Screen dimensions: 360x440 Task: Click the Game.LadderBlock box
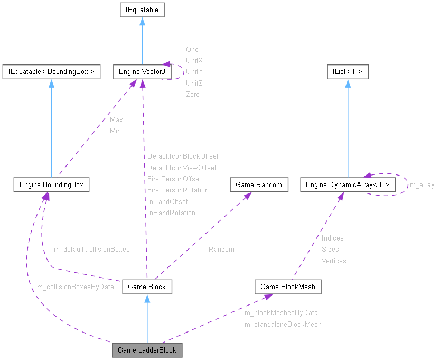pos(147,350)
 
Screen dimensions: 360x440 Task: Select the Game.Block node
pos(147,287)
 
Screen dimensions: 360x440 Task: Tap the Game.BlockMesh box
pos(288,287)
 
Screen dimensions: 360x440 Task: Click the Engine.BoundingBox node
pos(51,185)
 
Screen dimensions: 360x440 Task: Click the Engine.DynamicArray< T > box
pos(348,185)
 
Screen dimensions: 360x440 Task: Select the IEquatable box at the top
pos(142,10)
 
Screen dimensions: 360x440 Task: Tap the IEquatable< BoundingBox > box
pos(51,71)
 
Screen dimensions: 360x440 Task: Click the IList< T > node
pos(347,71)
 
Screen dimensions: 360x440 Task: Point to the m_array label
pos(422,185)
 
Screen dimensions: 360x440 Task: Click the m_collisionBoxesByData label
pos(75,287)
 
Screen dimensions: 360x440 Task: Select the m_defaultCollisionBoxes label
pos(91,249)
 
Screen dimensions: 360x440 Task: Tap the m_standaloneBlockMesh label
pos(283,324)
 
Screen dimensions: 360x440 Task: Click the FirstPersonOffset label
pos(174,179)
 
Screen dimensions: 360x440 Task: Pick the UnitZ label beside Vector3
pos(194,83)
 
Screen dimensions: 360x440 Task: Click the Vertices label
pos(334,261)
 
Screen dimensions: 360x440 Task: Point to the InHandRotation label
pos(171,213)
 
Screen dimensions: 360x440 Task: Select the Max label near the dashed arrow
pos(116,119)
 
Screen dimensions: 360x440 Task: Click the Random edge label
pos(221,249)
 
